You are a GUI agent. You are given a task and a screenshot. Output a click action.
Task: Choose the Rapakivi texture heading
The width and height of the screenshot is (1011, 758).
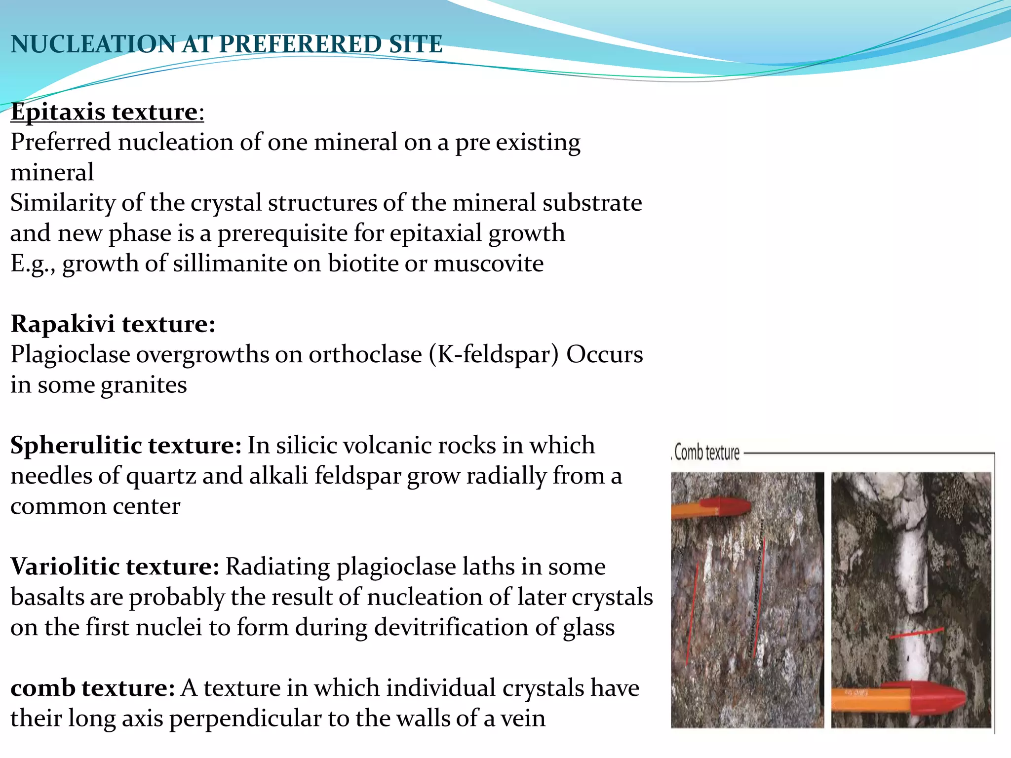click(113, 324)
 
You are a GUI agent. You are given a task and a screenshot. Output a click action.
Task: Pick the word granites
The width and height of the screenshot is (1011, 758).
click(144, 385)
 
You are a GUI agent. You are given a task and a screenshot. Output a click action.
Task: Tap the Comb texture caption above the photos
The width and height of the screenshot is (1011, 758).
click(706, 453)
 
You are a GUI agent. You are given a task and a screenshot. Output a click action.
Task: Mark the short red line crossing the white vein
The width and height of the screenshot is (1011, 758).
click(916, 633)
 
